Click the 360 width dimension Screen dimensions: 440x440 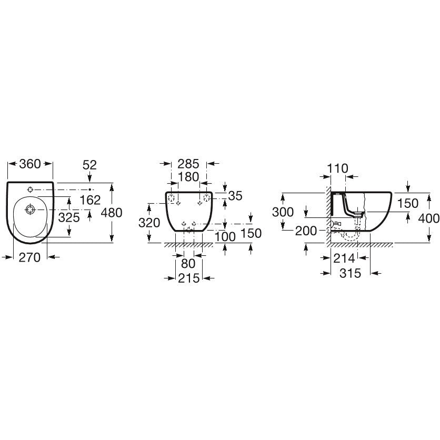click(x=30, y=164)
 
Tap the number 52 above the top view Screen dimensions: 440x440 click(x=89, y=165)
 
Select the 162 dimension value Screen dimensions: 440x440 click(x=90, y=200)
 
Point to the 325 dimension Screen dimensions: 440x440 click(x=69, y=217)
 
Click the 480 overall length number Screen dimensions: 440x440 click(x=112, y=213)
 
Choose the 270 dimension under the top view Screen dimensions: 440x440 click(x=29, y=257)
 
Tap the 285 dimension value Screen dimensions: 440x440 click(x=188, y=164)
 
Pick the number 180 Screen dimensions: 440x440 click(x=188, y=177)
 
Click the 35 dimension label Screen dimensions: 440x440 click(x=235, y=196)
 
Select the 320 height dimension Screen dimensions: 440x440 click(x=149, y=223)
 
